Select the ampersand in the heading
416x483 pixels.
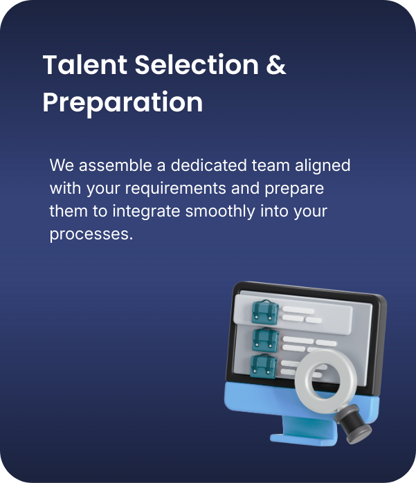tap(276, 65)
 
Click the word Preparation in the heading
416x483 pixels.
tap(123, 102)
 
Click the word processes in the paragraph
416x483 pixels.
tap(90, 234)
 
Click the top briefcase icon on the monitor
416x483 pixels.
tap(264, 310)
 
